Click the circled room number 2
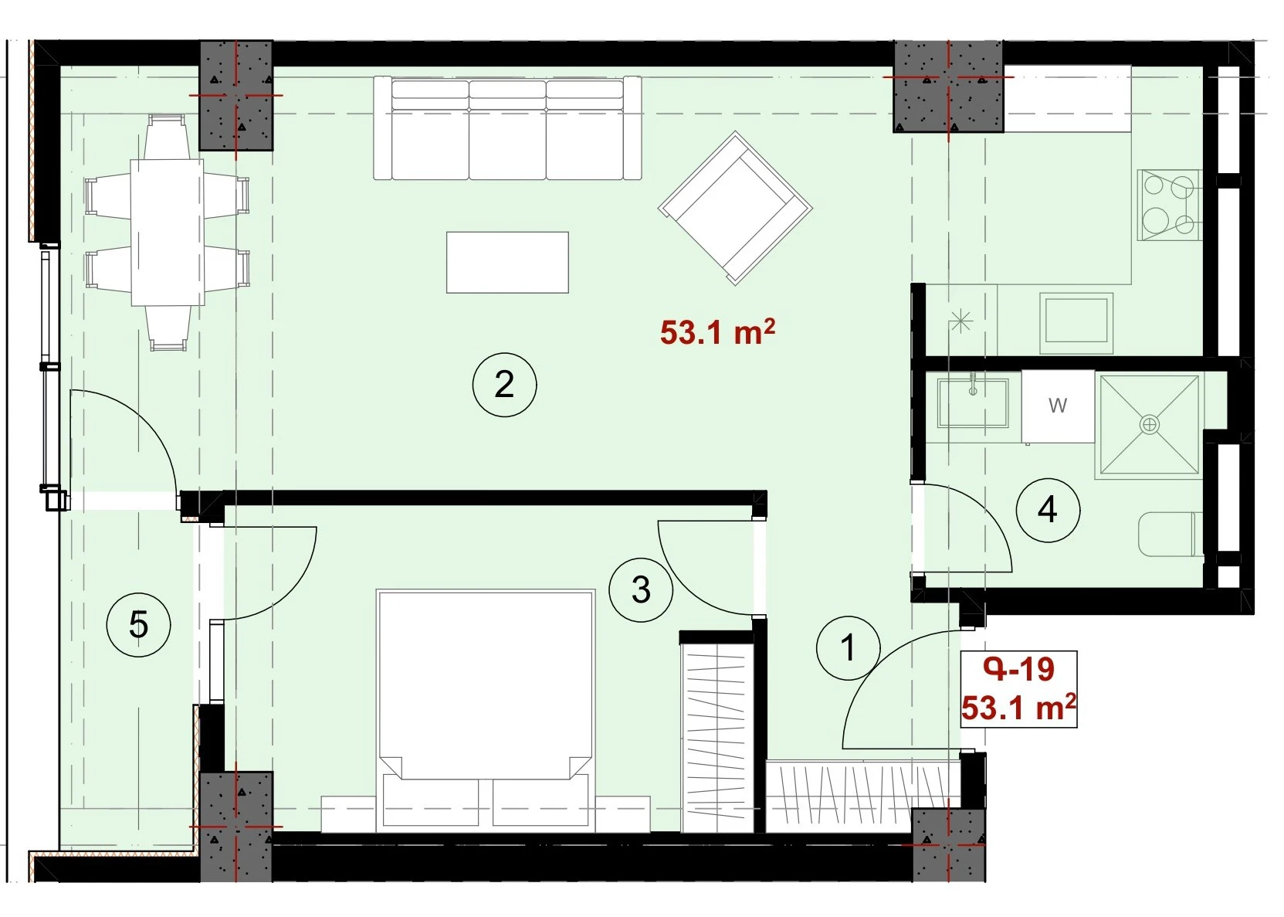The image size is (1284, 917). coord(504,385)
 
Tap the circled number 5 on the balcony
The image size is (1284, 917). coord(139,625)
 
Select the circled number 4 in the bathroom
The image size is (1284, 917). coord(1048,510)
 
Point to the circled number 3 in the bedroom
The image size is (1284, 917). coord(641,590)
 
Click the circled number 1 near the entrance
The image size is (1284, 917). coord(849,648)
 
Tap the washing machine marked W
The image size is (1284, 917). coord(1058,406)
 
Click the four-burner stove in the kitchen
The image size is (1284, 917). coord(1168,205)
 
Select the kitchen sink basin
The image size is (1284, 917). coord(1076,323)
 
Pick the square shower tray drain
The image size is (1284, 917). coord(1150,425)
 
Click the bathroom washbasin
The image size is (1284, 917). coord(973,402)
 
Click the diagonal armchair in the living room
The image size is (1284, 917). coord(736,208)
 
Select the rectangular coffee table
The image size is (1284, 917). coord(507,262)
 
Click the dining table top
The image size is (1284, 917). coord(167,233)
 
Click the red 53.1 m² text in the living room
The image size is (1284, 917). coord(717,333)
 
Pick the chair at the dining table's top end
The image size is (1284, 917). coord(166,137)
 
